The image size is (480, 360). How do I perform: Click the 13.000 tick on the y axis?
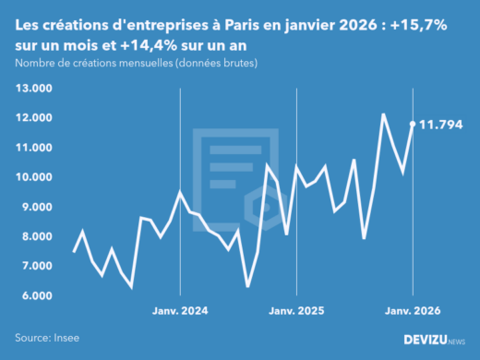(33, 89)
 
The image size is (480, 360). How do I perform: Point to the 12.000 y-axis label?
(33, 118)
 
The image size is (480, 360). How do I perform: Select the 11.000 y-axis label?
(33, 148)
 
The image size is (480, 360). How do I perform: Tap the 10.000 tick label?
(33, 177)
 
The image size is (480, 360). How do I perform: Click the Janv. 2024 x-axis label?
(179, 312)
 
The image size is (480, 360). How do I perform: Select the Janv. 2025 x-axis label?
(295, 312)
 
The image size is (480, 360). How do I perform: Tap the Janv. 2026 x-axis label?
(412, 312)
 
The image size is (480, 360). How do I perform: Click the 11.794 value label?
(441, 124)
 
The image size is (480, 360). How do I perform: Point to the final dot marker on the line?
(413, 123)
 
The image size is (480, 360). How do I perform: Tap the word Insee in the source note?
(69, 339)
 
